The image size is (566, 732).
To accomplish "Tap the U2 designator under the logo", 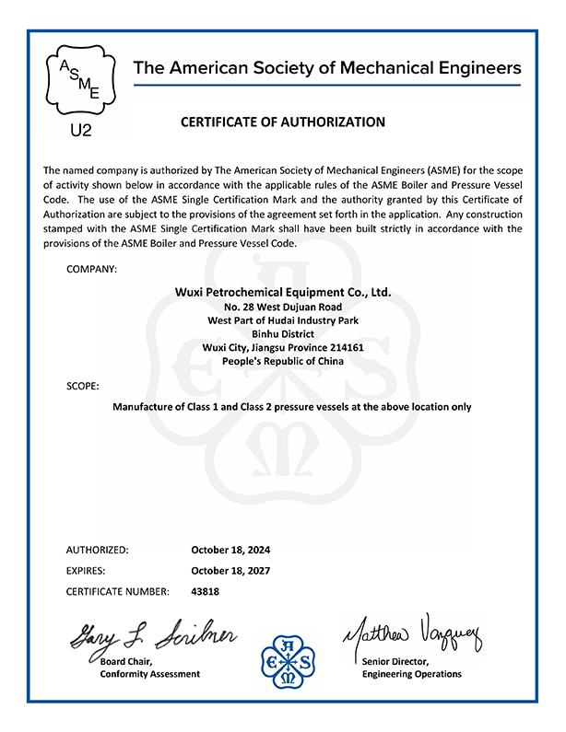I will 81,131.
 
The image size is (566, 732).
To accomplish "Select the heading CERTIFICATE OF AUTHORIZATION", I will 282,122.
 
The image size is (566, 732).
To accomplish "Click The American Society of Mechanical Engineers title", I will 327,68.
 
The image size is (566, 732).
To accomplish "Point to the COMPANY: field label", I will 92,269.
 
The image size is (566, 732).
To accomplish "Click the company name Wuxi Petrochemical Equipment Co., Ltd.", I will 283,292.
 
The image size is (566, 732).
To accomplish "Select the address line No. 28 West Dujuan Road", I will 283,307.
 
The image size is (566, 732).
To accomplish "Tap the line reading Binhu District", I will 283,334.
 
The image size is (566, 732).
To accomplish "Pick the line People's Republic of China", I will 283,362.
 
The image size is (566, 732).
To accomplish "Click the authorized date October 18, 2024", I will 230,550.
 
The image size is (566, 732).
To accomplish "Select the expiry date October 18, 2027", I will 230,571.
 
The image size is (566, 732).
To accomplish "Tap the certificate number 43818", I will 205,591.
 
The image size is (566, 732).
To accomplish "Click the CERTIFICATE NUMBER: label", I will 118,591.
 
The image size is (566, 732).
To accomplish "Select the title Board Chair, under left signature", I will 126,661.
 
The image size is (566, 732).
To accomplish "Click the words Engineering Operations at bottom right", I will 412,674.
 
